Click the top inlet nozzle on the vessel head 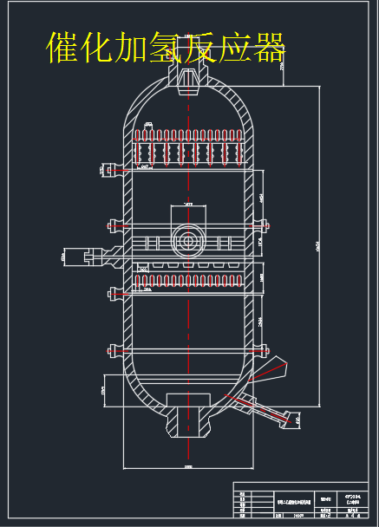coord(189,78)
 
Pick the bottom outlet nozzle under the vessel coord(188,420)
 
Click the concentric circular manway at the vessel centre coord(188,238)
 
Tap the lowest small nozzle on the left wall coord(113,350)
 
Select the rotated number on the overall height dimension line coord(317,247)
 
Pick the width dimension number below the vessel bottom coord(188,465)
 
